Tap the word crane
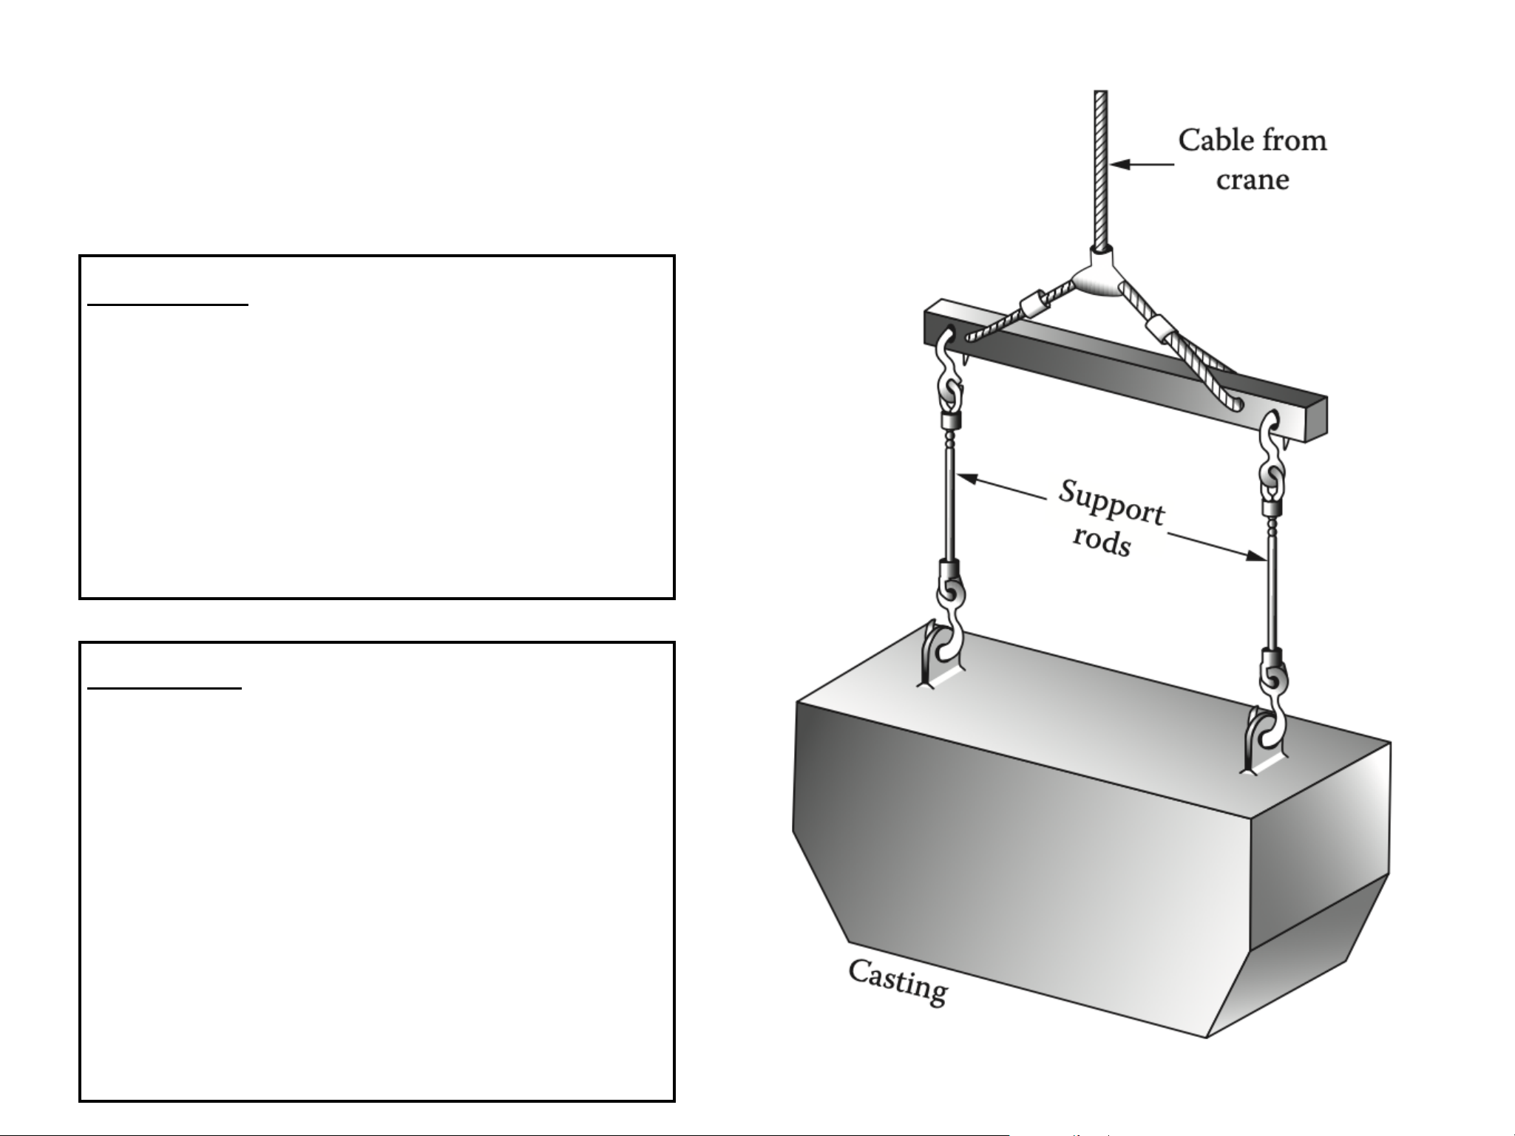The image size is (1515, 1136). point(1253,180)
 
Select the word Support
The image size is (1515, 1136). point(1111,502)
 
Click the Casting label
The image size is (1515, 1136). point(898,982)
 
